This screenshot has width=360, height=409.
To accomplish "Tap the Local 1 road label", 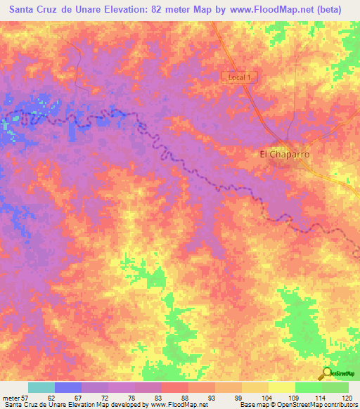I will click(x=240, y=77).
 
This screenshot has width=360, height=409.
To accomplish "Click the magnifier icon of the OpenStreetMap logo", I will click(x=328, y=374).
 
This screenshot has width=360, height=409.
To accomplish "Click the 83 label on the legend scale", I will click(x=139, y=397).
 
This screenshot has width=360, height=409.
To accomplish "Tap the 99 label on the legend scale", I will click(x=219, y=397).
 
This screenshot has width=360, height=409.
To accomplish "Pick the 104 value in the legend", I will click(x=245, y=397).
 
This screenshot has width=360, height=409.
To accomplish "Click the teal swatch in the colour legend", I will click(x=41, y=387).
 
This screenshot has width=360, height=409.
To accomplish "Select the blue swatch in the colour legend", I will click(x=68, y=387).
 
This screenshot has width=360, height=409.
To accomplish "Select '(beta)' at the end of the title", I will click(x=337, y=11).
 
